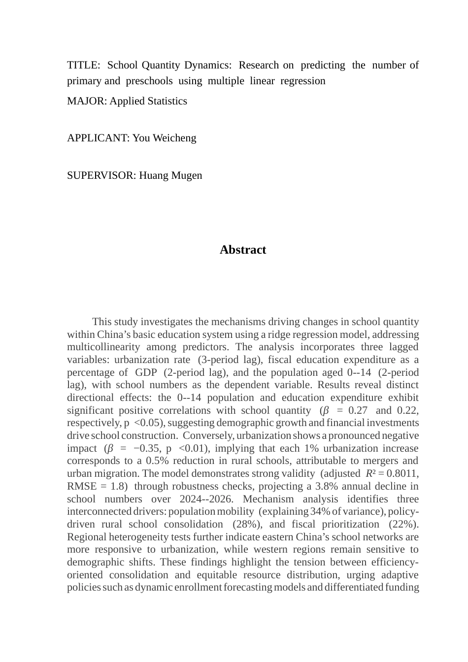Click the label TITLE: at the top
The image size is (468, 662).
(x=83, y=65)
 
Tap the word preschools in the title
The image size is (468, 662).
(x=149, y=81)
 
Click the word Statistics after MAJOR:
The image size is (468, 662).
(x=164, y=101)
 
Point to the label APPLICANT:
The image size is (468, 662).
(x=98, y=138)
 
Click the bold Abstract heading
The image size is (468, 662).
(x=243, y=250)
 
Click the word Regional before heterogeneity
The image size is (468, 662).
(x=87, y=537)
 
